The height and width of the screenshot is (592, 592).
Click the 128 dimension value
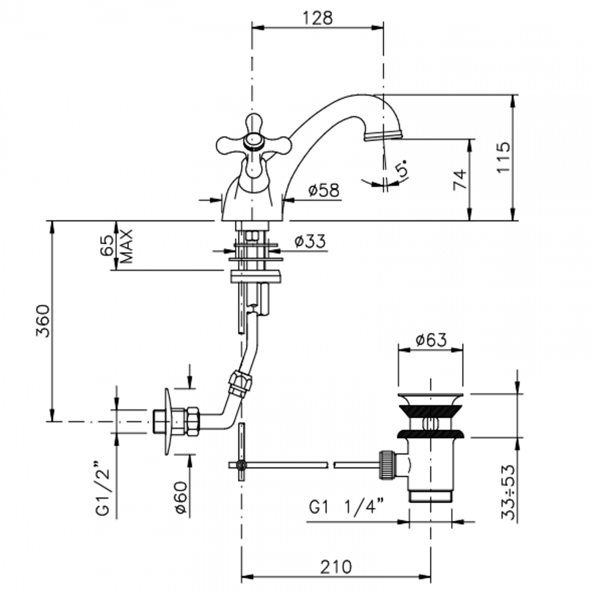318,18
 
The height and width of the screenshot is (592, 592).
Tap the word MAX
126,246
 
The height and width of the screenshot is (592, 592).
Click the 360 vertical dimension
42,321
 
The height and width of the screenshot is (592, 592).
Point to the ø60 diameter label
181,497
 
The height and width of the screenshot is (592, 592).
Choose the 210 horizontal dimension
336,567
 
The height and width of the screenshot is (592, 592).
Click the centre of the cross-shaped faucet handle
254,142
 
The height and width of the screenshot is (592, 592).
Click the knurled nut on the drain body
386,464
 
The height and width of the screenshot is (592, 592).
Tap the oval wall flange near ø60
168,421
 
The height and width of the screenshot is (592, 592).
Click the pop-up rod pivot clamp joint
241,465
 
